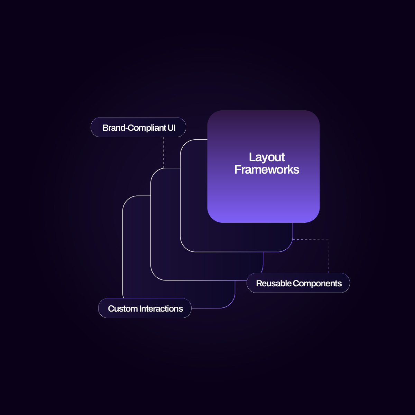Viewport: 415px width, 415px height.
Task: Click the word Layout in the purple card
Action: point(267,157)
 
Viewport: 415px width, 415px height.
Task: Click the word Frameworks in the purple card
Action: point(267,169)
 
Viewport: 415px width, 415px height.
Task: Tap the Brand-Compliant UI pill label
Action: point(138,127)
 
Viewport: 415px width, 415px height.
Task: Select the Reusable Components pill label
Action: point(298,283)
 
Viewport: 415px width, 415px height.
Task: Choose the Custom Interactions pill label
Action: point(145,308)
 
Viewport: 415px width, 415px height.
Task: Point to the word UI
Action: point(172,128)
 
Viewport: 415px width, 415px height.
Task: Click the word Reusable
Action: point(274,284)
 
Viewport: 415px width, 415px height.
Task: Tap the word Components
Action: point(317,284)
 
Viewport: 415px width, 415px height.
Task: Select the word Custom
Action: point(123,308)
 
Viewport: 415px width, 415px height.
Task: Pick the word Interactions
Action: point(161,308)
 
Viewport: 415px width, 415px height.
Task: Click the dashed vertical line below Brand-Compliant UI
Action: point(163,153)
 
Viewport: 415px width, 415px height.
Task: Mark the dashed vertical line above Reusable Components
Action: point(328,256)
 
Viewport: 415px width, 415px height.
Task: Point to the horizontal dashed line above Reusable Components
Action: point(311,239)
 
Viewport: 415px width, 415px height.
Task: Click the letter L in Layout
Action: point(252,157)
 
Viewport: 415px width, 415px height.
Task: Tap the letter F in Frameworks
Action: point(238,169)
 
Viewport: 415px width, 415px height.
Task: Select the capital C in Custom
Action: point(111,308)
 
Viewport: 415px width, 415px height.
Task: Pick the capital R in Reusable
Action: point(259,284)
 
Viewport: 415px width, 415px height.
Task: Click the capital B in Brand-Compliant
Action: point(105,128)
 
